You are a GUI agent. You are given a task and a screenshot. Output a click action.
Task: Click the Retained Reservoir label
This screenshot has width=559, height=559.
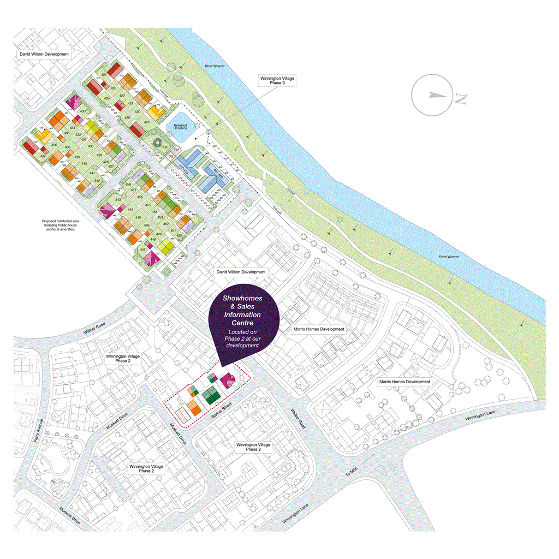pos(181,127)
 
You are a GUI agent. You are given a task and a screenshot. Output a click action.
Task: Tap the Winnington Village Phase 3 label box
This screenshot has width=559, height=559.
pos(276,82)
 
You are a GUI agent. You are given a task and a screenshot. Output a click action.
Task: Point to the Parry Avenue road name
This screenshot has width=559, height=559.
pos(38,436)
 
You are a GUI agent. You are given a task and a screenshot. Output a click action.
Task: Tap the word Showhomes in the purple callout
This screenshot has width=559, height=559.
pos(242,299)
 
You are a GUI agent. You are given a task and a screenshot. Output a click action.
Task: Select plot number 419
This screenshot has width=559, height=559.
pos(146,122)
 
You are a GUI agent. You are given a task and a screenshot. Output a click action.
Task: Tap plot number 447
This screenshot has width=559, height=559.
pos(143,249)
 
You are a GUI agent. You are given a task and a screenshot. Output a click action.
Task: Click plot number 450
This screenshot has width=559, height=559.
pos(179,235)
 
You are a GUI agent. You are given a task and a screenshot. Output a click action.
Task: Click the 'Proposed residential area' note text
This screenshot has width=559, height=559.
pos(60,225)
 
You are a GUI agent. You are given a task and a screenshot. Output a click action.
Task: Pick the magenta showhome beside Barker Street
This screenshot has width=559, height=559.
pos(228,380)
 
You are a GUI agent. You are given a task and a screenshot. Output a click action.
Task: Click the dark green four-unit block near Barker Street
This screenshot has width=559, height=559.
pos(210,395)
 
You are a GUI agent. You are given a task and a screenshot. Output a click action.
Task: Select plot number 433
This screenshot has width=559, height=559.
pos(83,111)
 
